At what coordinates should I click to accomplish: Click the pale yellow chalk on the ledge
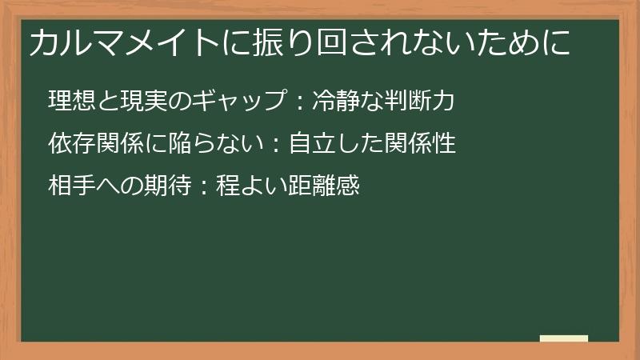[x=564, y=338]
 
